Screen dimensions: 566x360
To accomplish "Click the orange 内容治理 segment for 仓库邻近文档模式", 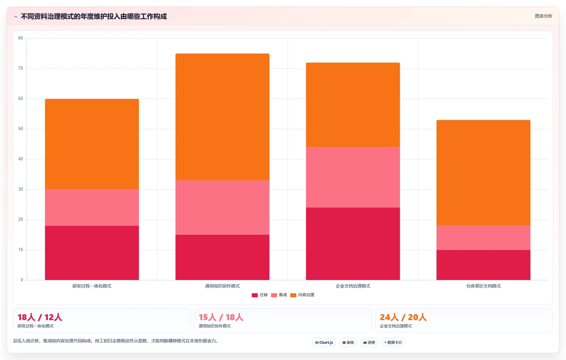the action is point(483,173).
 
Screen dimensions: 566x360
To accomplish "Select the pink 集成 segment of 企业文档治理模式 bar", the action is point(353,177).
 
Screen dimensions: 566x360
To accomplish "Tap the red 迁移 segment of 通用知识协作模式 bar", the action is point(222,257).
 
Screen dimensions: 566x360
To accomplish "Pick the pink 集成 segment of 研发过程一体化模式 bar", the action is point(92,208).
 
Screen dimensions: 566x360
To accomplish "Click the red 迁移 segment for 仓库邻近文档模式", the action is point(483,265).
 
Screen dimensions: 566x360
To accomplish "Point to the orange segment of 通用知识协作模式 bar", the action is point(222,117).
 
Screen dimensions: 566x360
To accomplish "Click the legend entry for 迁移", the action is point(260,295).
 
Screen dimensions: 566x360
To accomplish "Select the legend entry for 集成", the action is point(279,295).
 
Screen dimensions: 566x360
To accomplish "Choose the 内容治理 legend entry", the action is point(302,295).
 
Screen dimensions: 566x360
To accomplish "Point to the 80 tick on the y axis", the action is point(21,38).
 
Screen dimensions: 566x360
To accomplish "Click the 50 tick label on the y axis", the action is point(21,129).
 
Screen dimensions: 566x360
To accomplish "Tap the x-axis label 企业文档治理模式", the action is point(353,286).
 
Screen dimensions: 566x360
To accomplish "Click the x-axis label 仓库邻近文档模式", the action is point(483,286).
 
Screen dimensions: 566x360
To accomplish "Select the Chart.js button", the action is point(324,342).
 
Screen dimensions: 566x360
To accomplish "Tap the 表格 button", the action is point(348,342).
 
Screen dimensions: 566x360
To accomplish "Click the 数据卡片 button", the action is point(393,342).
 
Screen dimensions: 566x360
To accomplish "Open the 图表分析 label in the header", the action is point(543,16).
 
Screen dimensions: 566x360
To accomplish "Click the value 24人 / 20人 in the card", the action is point(403,317).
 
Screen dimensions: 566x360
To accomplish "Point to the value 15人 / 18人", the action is point(221,317).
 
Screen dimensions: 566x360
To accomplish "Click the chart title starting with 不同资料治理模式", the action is point(94,16).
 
